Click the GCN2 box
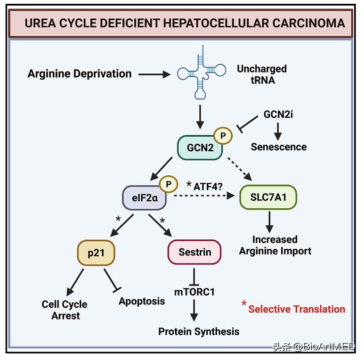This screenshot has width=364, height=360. (200, 148)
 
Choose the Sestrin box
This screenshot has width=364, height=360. (194, 253)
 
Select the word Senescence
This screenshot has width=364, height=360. (278, 147)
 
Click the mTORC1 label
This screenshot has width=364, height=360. (194, 292)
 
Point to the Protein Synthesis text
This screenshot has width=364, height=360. (198, 331)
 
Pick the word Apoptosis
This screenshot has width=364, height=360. (142, 301)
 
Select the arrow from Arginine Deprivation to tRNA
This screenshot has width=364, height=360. (154, 74)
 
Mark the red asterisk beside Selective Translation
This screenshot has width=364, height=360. (244, 304)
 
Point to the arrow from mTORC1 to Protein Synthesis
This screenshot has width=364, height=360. (194, 310)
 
